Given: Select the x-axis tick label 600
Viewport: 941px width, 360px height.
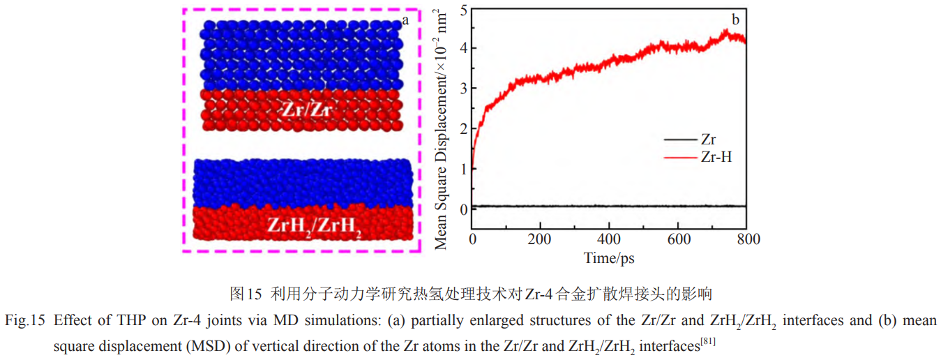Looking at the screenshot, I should [x=678, y=239].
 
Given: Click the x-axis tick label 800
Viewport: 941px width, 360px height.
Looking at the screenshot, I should [x=746, y=239].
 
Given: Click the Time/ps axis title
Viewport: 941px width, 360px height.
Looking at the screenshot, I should [x=609, y=258].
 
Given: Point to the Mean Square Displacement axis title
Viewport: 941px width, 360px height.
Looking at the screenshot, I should [x=442, y=129].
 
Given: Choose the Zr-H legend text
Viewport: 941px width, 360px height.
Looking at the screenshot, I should [x=716, y=157].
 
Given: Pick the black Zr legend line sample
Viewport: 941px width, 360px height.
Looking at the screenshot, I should [x=681, y=139].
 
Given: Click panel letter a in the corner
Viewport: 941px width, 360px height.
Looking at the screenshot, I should [x=405, y=21].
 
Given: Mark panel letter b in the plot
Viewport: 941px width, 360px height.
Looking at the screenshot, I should [x=735, y=19].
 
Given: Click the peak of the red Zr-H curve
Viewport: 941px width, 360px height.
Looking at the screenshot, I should [x=727, y=30].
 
